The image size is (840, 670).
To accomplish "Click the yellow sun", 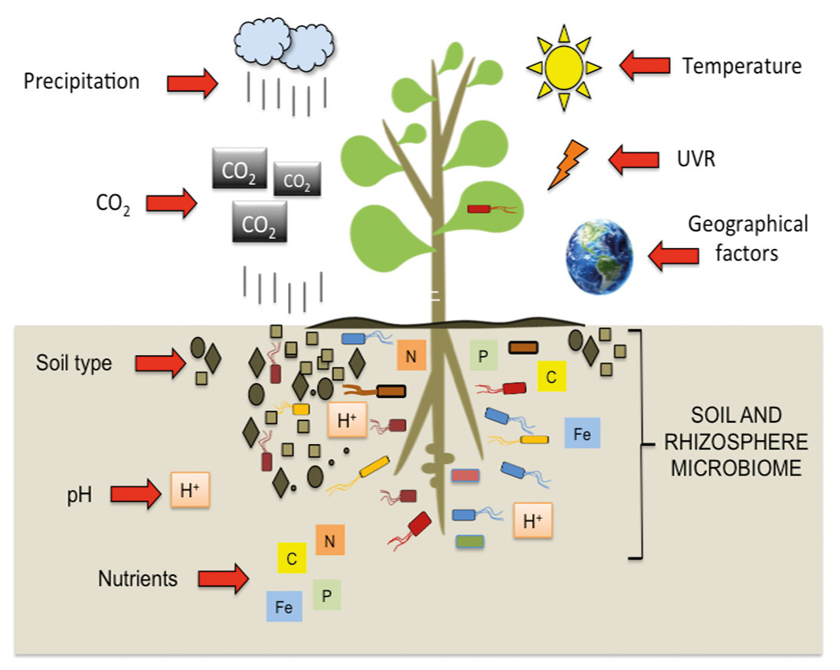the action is point(564,67).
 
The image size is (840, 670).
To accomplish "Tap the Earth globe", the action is point(600,257).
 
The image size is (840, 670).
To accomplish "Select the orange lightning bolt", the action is point(567,165).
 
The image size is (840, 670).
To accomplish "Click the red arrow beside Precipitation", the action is point(192,83).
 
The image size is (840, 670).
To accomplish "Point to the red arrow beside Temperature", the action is point(645,65).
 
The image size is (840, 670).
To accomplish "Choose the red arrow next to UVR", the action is point(634,159).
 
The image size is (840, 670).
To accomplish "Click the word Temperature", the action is point(742,67).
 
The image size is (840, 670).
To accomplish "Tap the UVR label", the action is point(696,159).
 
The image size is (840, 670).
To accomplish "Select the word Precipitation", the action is point(81,82).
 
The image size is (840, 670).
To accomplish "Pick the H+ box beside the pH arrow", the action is point(190,489).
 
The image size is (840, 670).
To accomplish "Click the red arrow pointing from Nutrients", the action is point(224,578).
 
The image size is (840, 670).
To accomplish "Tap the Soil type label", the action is point(74,363).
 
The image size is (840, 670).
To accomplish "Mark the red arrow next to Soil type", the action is point(160,363).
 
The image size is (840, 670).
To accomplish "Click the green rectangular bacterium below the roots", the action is point(470,541).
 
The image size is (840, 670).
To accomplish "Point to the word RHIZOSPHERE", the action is point(736,442).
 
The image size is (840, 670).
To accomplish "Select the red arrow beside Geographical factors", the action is point(673,256).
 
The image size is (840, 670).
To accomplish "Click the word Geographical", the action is point(748,224).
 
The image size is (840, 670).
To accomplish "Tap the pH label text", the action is point(80,495).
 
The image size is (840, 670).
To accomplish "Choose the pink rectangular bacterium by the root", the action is point(465,475).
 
